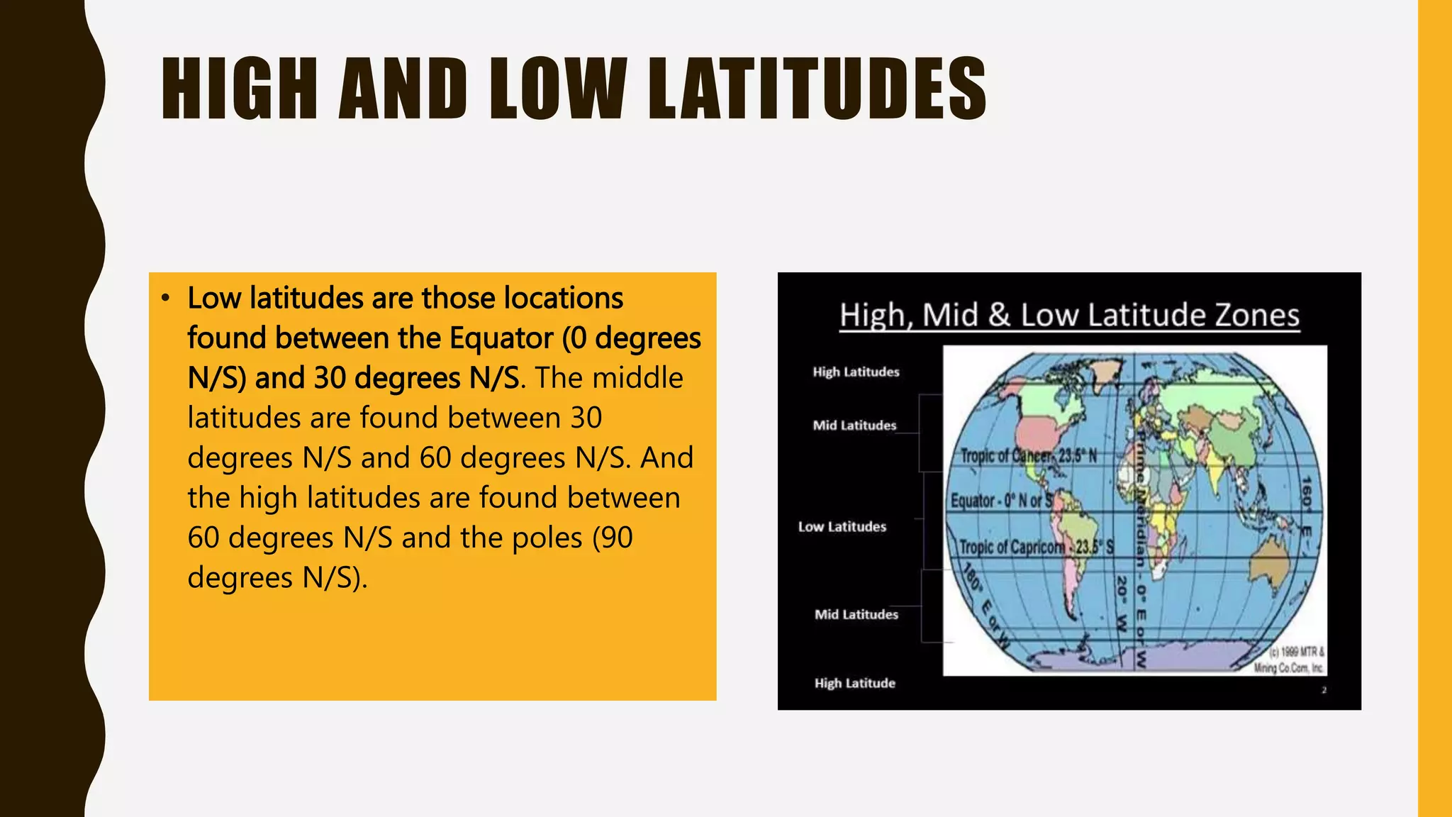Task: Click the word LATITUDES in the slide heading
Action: [x=817, y=89]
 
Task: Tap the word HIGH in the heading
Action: [x=239, y=89]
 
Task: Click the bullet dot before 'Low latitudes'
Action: [x=165, y=299]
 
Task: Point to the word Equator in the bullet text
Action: [x=501, y=338]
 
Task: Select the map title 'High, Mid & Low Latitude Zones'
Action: [x=1069, y=316]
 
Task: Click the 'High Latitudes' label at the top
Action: [x=856, y=372]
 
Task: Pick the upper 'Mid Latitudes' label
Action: [x=854, y=426]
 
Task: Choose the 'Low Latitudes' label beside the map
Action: [x=842, y=527]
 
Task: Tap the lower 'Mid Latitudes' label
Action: [x=856, y=615]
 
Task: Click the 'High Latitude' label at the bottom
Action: [x=854, y=684]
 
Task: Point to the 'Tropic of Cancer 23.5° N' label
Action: [x=1028, y=456]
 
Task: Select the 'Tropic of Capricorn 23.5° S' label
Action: [x=1036, y=548]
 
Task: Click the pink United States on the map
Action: [x=1042, y=431]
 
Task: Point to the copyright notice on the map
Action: [x=1289, y=660]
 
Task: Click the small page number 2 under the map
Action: [x=1324, y=690]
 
